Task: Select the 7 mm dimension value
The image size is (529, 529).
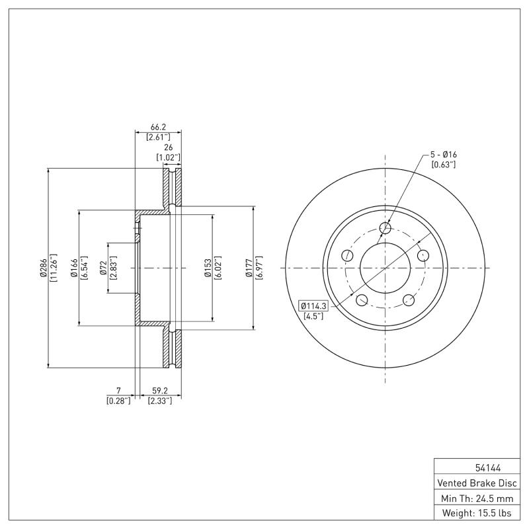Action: (118, 390)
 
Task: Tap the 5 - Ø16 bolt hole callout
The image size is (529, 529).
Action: (443, 154)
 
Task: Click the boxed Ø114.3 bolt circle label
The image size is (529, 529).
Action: (315, 305)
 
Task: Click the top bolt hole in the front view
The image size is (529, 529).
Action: (386, 229)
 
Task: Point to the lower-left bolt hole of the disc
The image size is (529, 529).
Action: (362, 301)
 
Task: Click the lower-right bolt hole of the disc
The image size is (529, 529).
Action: (409, 301)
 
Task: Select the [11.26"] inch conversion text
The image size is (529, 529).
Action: (53, 268)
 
